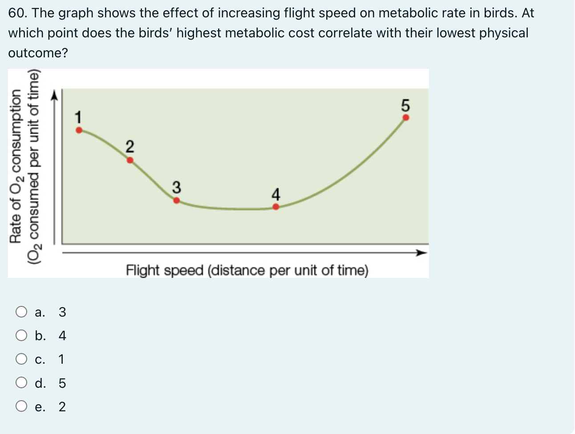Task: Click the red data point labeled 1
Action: point(79,130)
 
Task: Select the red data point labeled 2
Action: point(130,160)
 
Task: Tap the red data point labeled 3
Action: point(177,201)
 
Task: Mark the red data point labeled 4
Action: point(276,207)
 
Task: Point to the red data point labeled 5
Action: point(406,118)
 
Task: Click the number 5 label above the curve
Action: point(405,106)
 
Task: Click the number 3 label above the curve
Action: point(176,187)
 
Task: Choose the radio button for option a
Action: point(21,312)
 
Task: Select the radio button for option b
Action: point(21,335)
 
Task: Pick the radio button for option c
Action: point(21,359)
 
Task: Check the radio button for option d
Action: point(21,383)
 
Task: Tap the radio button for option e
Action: point(21,406)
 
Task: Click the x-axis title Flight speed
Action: point(247,270)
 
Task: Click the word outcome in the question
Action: point(38,53)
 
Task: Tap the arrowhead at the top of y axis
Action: point(55,95)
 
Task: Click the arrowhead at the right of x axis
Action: point(421,253)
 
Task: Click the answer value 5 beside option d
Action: point(62,383)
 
